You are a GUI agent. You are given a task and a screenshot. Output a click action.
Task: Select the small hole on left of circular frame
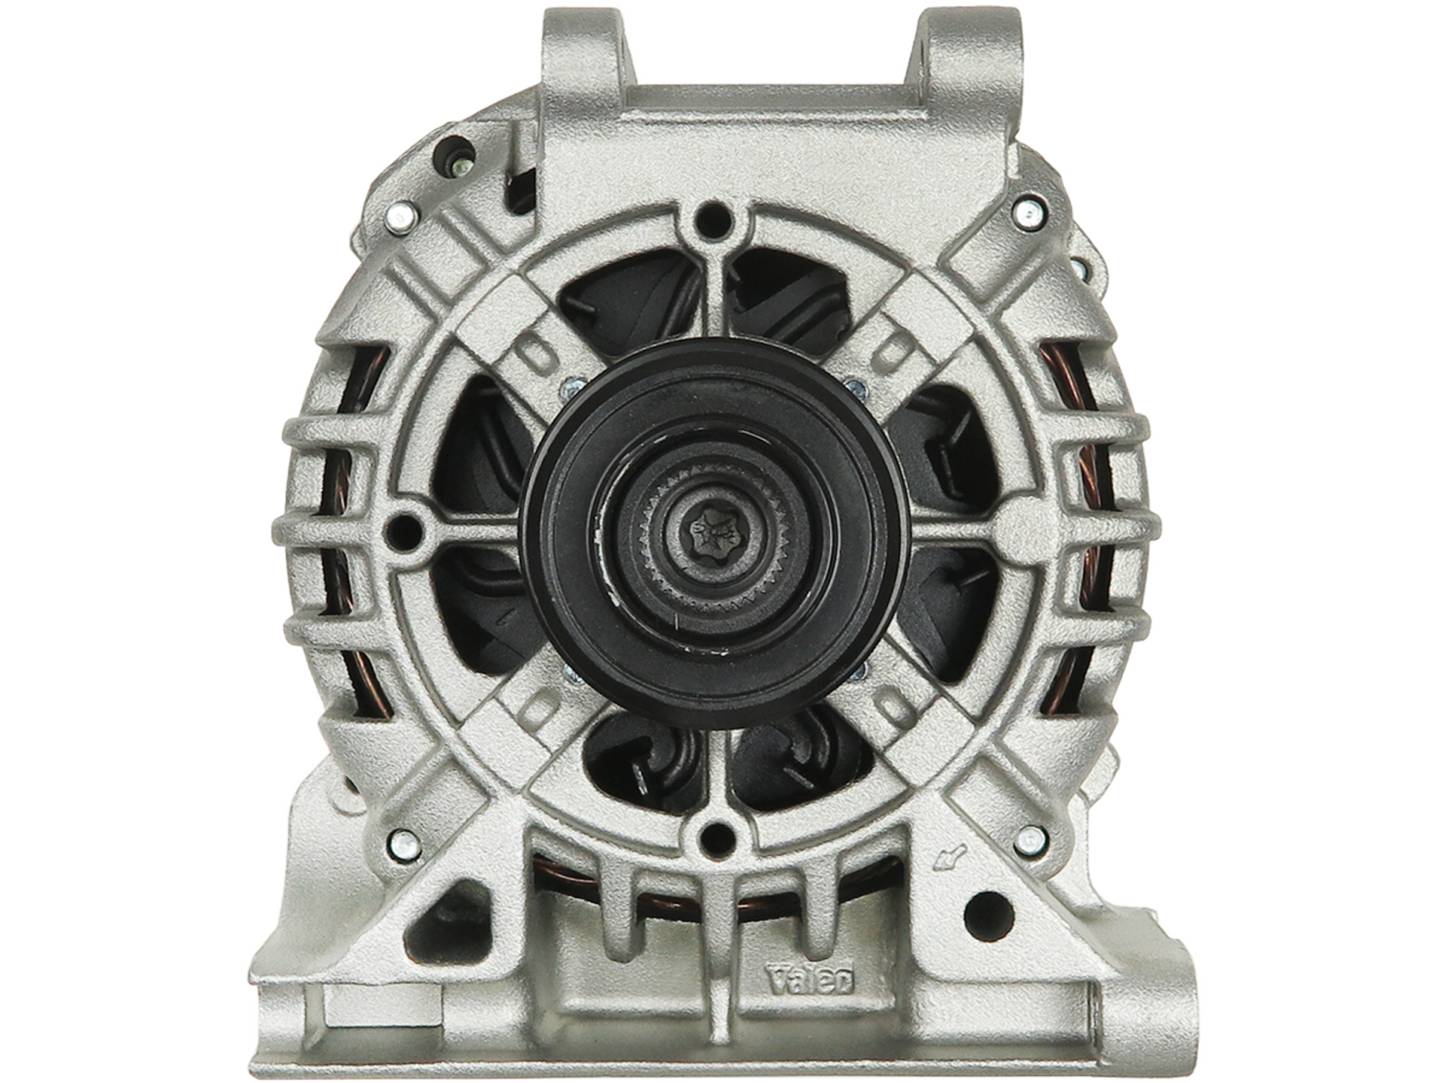tap(402, 530)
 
